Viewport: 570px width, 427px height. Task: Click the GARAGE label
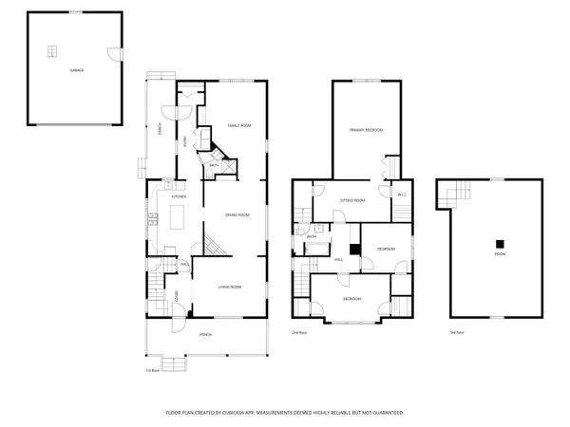(x=73, y=70)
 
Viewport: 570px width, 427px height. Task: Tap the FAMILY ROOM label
(x=238, y=125)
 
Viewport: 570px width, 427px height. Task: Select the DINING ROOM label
(x=237, y=214)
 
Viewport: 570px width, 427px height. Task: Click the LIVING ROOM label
(x=230, y=287)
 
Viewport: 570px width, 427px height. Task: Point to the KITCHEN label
(x=178, y=196)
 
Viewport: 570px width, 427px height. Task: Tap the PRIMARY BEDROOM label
(x=365, y=130)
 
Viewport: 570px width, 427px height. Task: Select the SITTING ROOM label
(x=352, y=201)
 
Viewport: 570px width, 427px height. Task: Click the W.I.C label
(x=401, y=195)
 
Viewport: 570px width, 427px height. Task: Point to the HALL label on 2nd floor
(x=338, y=258)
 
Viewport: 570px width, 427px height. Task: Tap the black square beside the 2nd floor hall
(x=354, y=250)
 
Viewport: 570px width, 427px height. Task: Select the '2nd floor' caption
(x=298, y=332)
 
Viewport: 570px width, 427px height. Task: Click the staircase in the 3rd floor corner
(x=455, y=195)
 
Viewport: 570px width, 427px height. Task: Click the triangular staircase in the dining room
(x=217, y=249)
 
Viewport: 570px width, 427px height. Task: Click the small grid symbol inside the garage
(x=53, y=50)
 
